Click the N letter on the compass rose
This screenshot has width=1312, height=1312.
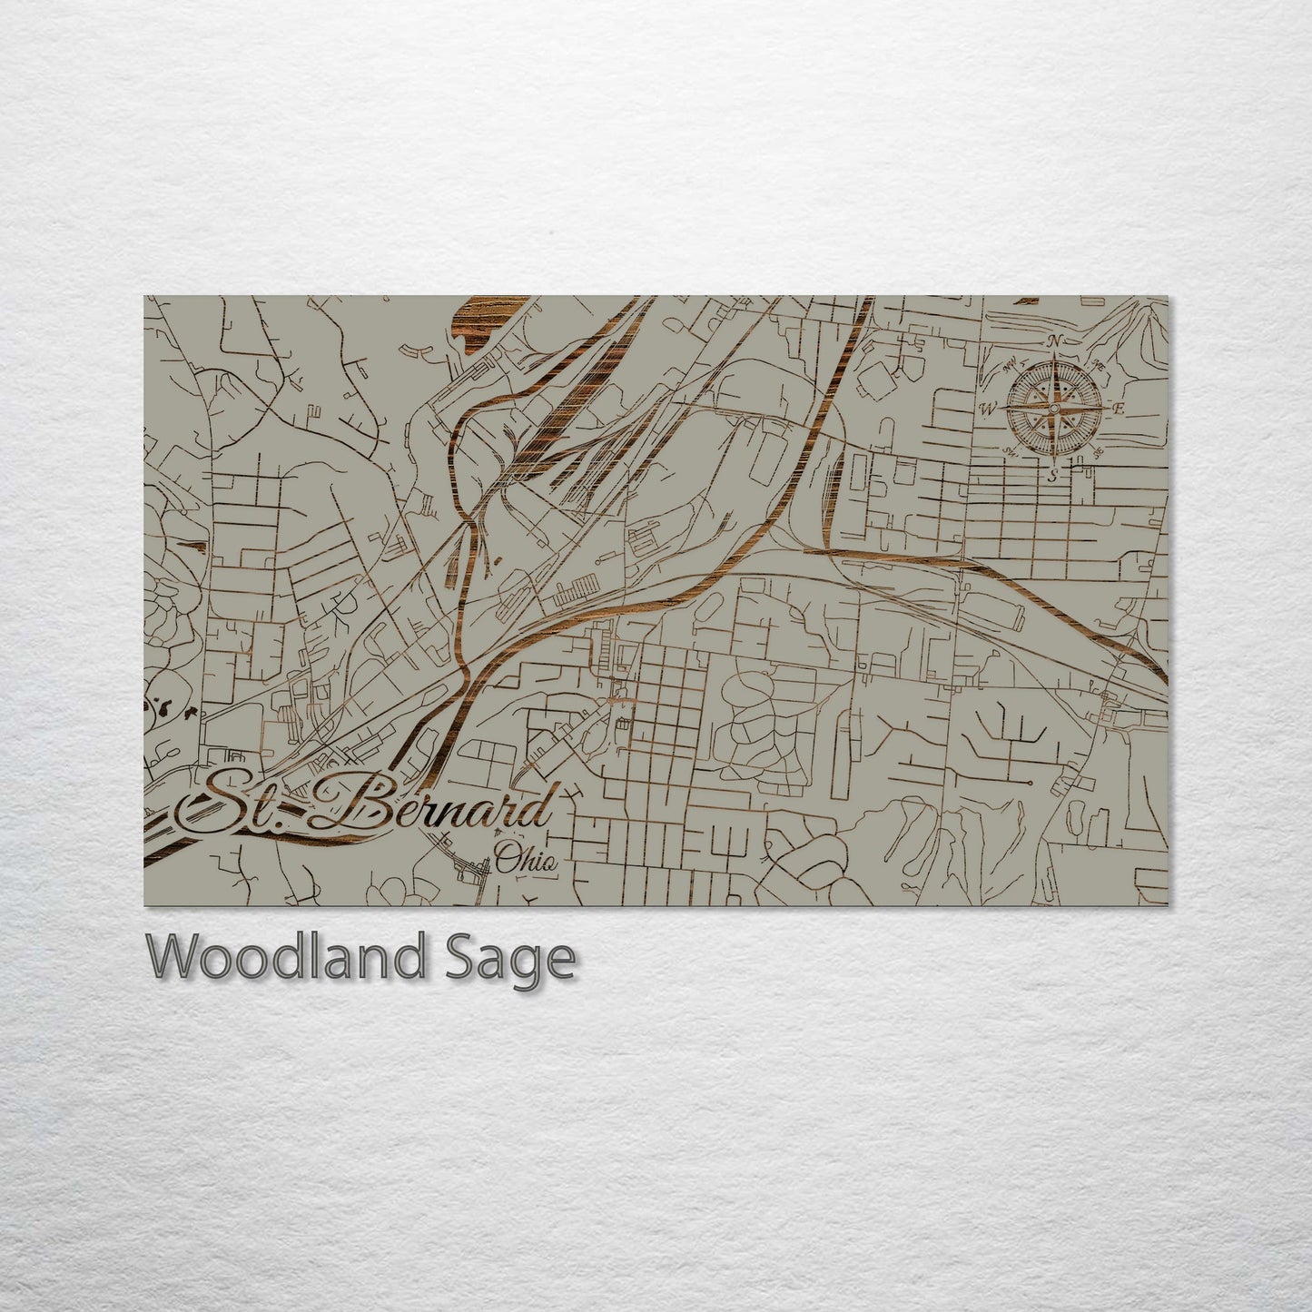[x=1054, y=341]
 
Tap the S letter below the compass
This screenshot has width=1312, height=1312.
[x=1052, y=474]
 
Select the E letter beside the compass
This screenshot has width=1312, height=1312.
[x=1119, y=409]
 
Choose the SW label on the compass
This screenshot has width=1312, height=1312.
[x=1008, y=450]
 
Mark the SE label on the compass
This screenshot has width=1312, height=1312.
[x=1098, y=451]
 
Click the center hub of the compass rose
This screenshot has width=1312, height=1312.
[x=1053, y=408]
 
